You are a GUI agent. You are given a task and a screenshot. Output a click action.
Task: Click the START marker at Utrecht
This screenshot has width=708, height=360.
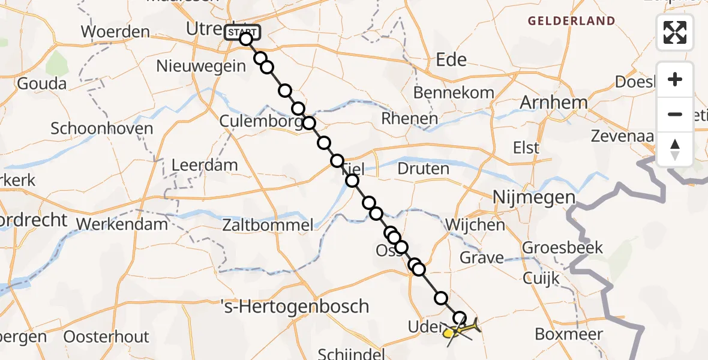tap(242, 32)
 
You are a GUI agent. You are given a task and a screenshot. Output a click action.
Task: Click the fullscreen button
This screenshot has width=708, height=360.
tap(675, 32)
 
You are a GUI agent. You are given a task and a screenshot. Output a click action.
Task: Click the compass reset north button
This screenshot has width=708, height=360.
tap(675, 149)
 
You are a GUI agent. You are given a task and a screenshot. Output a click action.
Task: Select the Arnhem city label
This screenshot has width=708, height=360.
tap(553, 103)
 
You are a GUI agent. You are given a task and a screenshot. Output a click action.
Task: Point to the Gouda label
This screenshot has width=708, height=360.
tap(41, 83)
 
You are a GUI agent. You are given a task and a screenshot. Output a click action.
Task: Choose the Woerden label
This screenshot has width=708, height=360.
tap(115, 31)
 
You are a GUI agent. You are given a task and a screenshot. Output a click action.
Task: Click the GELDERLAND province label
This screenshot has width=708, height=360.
tap(571, 22)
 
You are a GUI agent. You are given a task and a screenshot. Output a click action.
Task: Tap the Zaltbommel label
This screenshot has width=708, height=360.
tap(267, 226)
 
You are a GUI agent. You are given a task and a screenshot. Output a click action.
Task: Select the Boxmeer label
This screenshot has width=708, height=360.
tap(569, 334)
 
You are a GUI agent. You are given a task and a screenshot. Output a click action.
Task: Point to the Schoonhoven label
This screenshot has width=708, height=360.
tap(101, 128)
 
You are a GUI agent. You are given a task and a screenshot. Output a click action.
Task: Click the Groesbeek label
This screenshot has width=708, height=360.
tap(562, 247)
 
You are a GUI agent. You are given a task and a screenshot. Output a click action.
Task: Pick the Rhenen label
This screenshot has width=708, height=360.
tap(410, 119)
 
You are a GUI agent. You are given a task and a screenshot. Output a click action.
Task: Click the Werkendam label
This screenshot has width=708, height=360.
tap(122, 225)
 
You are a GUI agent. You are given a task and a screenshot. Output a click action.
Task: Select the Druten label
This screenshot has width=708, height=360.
tap(423, 169)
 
